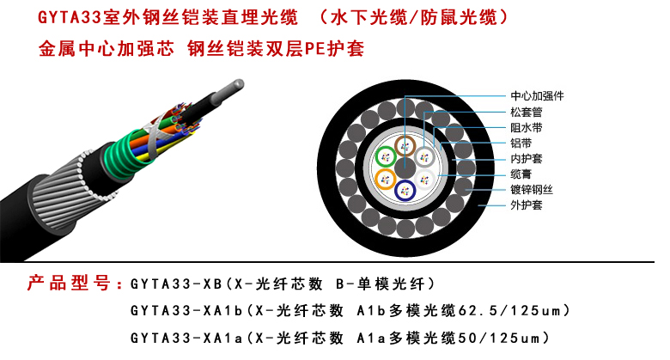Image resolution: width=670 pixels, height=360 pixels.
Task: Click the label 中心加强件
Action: pyautogui.click(x=537, y=95)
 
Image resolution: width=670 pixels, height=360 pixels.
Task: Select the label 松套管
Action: pyautogui.click(x=526, y=112)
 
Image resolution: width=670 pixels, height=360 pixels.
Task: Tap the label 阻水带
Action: pyautogui.click(x=526, y=127)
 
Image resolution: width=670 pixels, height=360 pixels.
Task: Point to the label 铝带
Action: pyautogui.click(x=521, y=143)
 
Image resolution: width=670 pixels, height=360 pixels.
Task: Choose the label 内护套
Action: pyautogui.click(x=526, y=159)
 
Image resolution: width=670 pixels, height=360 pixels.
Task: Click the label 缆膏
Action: pyautogui.click(x=521, y=174)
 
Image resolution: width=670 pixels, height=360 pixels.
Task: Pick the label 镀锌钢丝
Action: pyautogui.click(x=532, y=189)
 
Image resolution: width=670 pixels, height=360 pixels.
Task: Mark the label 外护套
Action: pyautogui.click(x=526, y=204)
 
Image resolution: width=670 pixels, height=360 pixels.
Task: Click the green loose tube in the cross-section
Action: pyautogui.click(x=387, y=157)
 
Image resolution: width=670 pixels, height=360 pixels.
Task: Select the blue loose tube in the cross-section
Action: pyautogui.click(x=405, y=190)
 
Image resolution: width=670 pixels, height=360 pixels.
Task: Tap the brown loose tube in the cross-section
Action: pyautogui.click(x=405, y=146)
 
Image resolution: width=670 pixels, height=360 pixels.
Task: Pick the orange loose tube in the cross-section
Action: pyautogui.click(x=386, y=180)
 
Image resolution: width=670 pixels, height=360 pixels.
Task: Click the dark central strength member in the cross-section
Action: pyautogui.click(x=405, y=168)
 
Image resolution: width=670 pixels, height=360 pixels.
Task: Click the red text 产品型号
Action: pyautogui.click(x=69, y=283)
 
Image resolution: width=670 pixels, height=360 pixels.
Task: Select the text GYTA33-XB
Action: pyautogui.click(x=176, y=284)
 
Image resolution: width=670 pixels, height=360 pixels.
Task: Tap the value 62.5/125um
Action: pyautogui.click(x=509, y=310)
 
